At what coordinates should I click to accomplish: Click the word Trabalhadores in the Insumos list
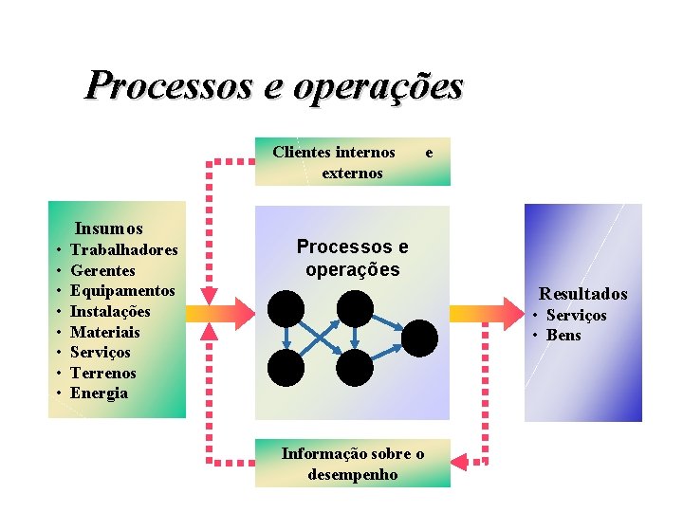click(x=124, y=250)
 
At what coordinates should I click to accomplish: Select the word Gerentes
click(x=103, y=271)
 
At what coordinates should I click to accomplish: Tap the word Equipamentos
click(x=122, y=291)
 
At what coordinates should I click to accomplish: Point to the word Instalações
click(x=110, y=312)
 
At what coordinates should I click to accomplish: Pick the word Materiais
click(x=105, y=332)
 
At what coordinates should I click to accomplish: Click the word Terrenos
click(x=103, y=373)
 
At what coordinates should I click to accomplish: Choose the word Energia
click(x=100, y=393)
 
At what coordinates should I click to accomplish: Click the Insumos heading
click(x=109, y=229)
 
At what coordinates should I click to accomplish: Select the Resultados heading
click(x=583, y=295)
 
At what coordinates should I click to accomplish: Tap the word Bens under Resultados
click(x=563, y=336)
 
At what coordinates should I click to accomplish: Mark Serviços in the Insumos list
click(x=101, y=353)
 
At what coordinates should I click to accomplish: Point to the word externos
click(x=352, y=174)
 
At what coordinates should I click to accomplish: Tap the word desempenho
click(x=353, y=474)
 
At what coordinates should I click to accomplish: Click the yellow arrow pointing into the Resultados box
click(x=467, y=313)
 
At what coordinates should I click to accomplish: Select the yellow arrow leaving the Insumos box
click(x=202, y=313)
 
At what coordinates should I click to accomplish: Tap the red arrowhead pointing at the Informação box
click(x=461, y=462)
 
